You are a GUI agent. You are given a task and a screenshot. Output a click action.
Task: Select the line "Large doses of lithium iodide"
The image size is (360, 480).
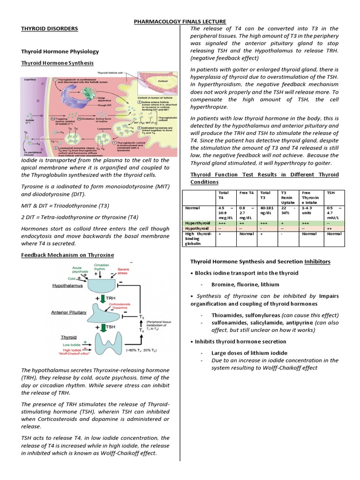[249, 352]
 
